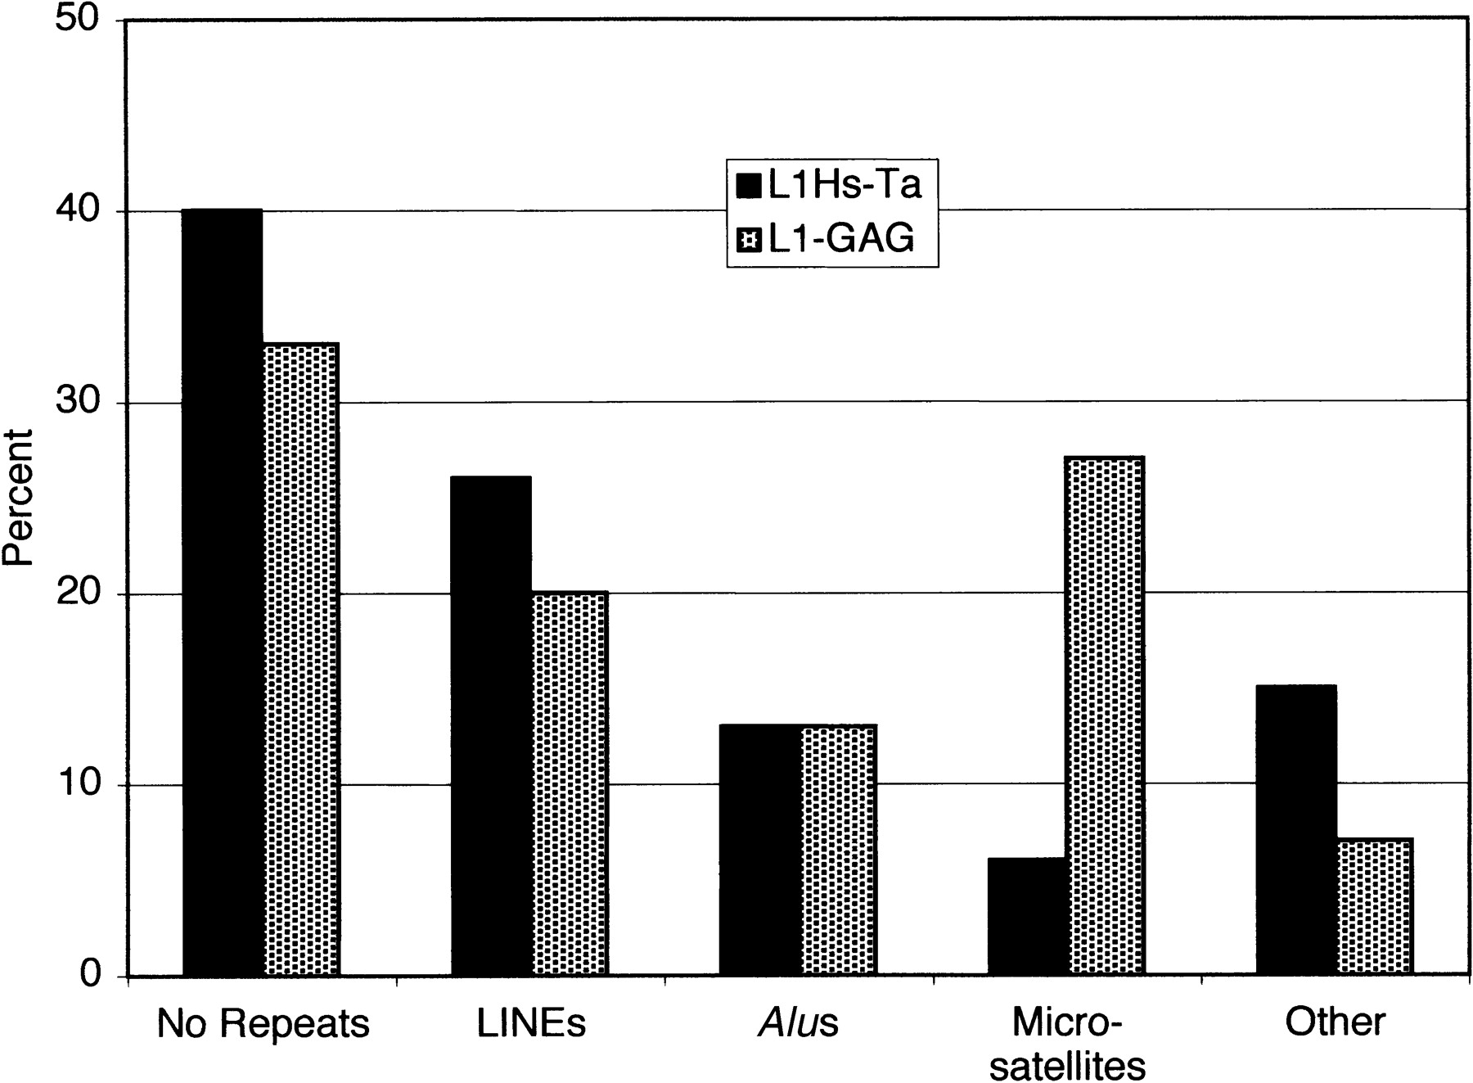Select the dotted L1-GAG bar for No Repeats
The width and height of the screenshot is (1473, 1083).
pyautogui.click(x=300, y=659)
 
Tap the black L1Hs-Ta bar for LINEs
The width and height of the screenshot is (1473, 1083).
pyautogui.click(x=491, y=725)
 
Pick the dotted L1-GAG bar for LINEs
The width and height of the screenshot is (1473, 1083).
pyautogui.click(x=570, y=783)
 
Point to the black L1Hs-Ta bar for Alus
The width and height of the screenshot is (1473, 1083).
pyautogui.click(x=759, y=850)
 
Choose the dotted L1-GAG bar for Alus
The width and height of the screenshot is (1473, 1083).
pyautogui.click(x=839, y=850)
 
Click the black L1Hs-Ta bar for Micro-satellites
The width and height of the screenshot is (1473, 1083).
pyautogui.click(x=1029, y=917)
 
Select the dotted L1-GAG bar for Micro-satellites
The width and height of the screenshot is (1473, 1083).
pyautogui.click(x=1106, y=716)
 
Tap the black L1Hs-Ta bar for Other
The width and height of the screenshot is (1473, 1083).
pyautogui.click(x=1297, y=830)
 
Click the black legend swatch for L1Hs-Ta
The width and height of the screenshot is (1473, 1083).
pyautogui.click(x=749, y=187)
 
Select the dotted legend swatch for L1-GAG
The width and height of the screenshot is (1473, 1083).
pyautogui.click(x=749, y=240)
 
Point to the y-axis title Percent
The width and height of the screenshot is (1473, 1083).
pyautogui.click(x=18, y=498)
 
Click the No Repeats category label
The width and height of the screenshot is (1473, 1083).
pyautogui.click(x=263, y=1024)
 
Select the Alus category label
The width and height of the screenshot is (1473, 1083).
pyautogui.click(x=799, y=1023)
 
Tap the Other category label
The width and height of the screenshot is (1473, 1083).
pyautogui.click(x=1336, y=1022)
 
